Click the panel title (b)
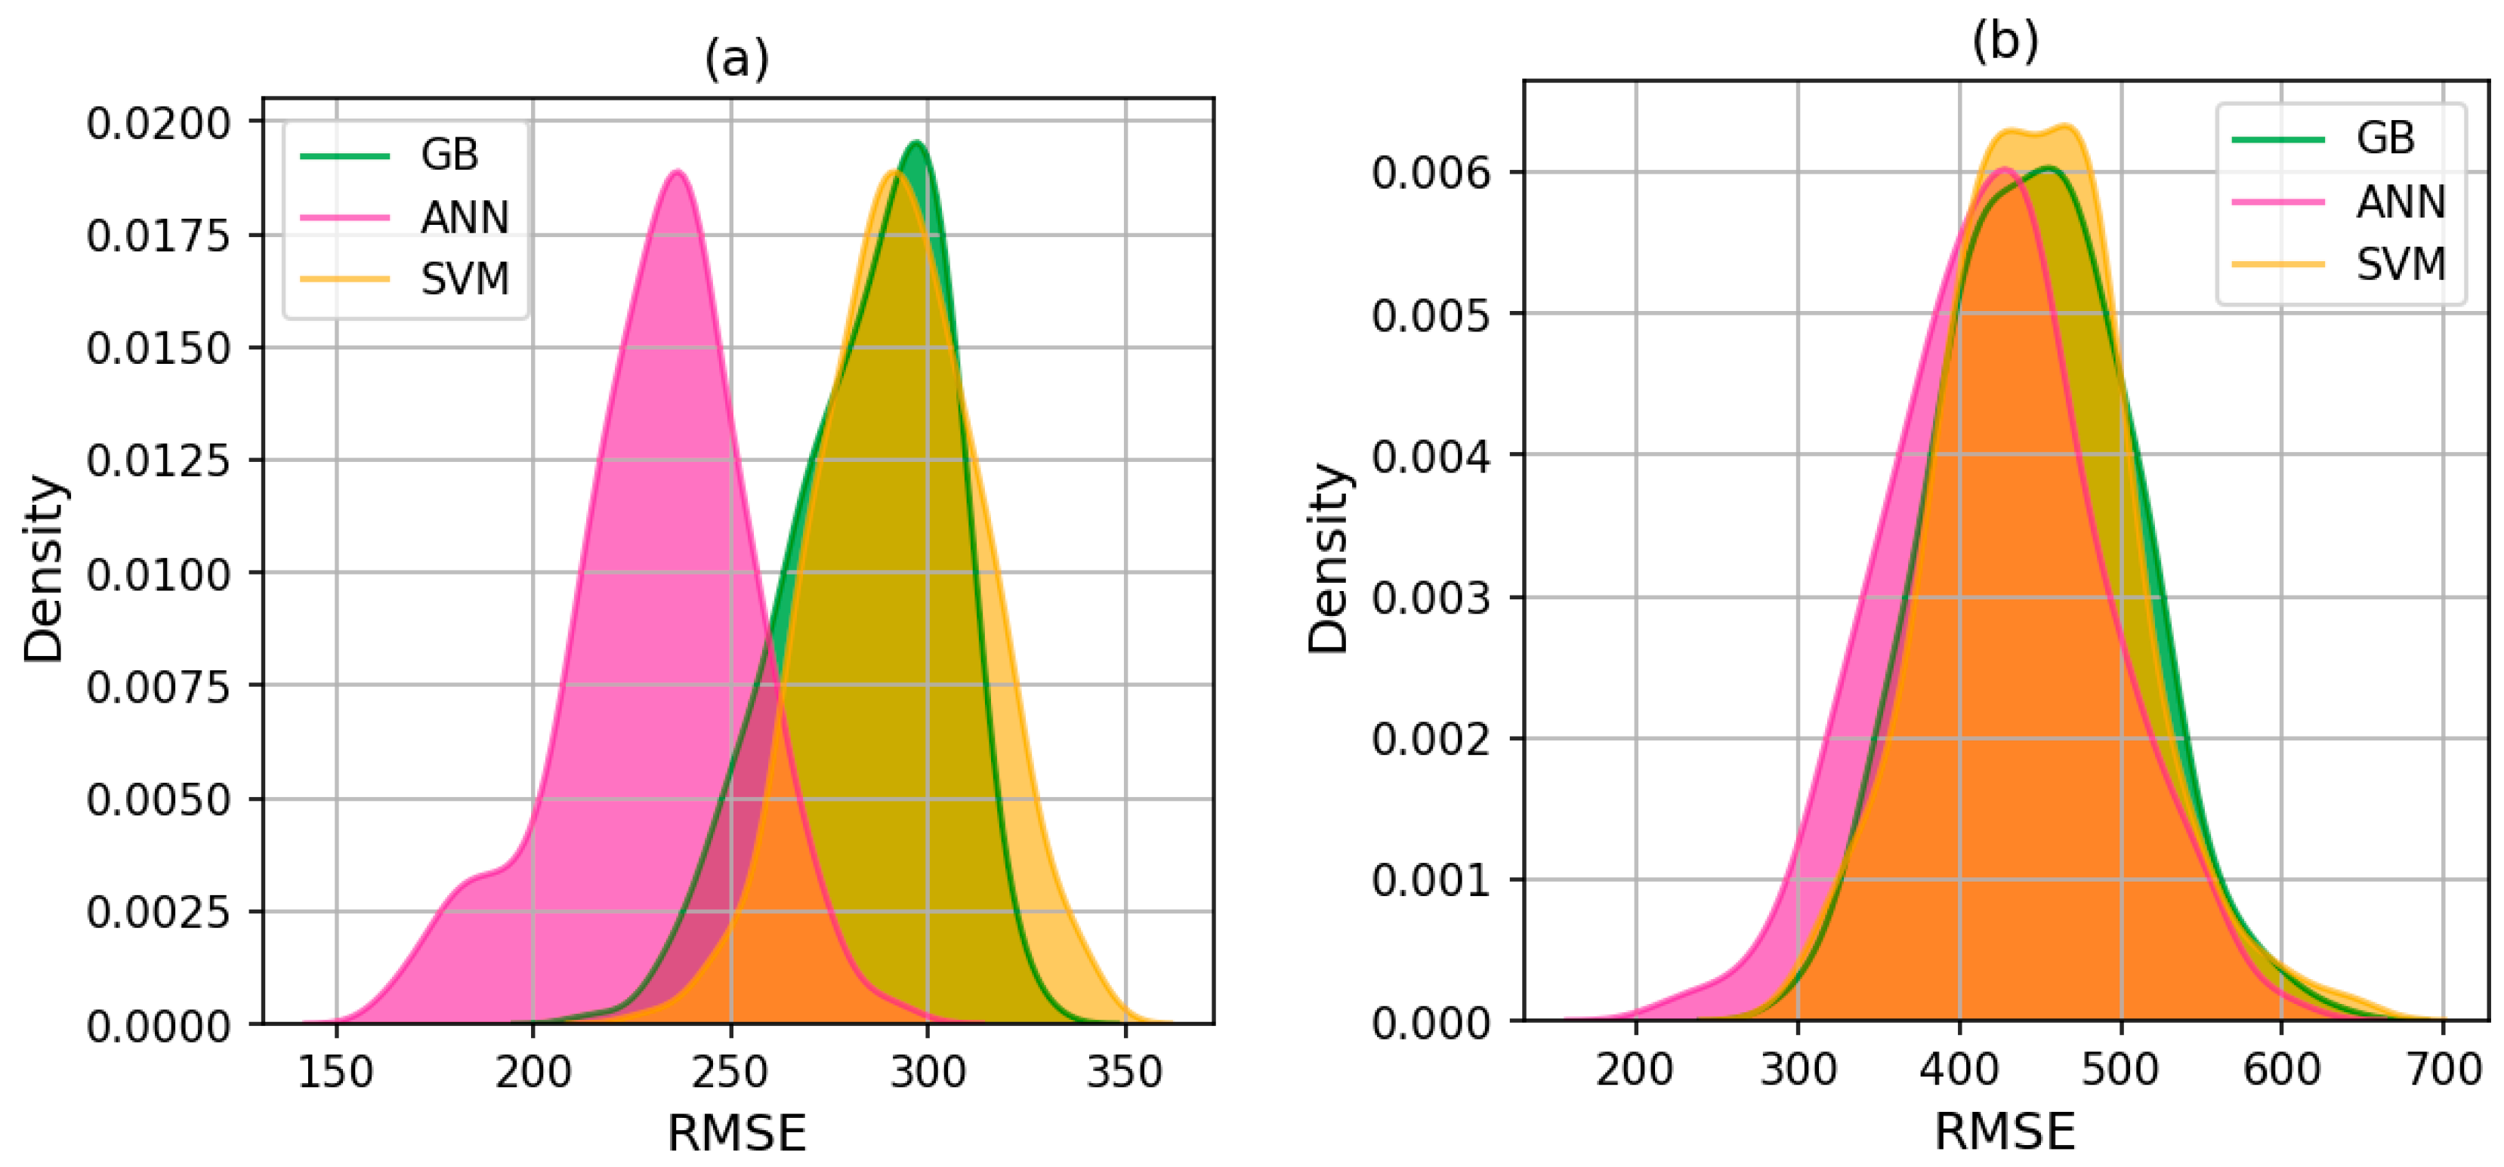[2005, 41]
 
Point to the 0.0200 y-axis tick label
[159, 123]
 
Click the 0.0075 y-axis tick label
[159, 687]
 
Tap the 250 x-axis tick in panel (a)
[731, 1072]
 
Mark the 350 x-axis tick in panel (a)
[1125, 1072]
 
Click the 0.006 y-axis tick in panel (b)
[1430, 173]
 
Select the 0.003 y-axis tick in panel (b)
[1430, 598]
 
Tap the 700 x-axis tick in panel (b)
[2443, 1069]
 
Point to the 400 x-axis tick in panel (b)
[1959, 1069]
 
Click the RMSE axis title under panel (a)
[736, 1133]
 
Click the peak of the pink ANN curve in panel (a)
[677, 172]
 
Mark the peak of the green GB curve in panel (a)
[915, 143]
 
